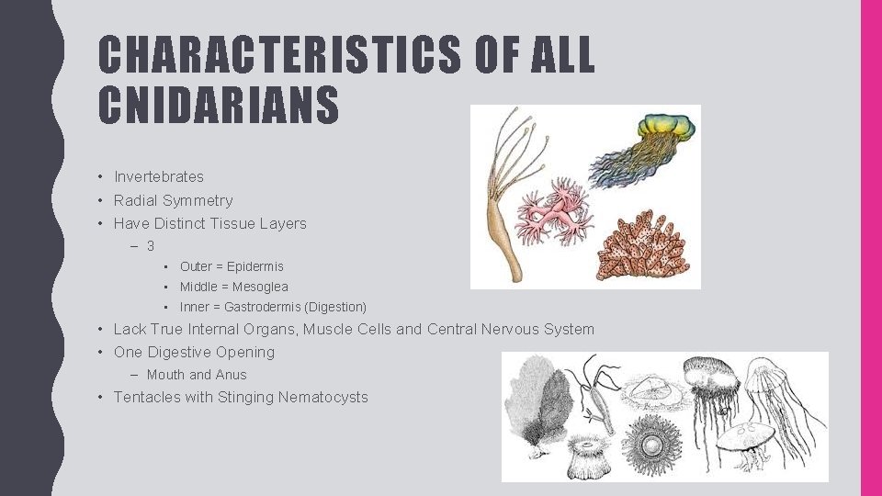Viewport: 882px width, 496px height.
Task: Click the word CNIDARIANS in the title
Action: pyautogui.click(x=219, y=105)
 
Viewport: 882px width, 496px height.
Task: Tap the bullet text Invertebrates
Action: pyautogui.click(x=159, y=176)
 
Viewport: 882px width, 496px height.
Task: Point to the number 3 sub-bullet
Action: pyautogui.click(x=151, y=246)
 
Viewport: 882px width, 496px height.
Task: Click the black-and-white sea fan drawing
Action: pyautogui.click(x=537, y=404)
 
